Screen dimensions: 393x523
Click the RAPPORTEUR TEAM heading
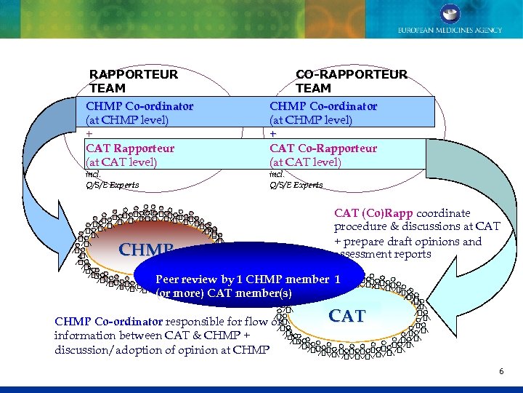pos(133,81)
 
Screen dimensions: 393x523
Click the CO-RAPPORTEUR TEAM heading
pos(352,81)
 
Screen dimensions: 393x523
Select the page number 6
pos(501,371)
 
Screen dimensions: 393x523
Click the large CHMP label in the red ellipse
pos(145,250)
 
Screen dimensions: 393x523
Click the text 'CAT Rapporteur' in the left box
pos(130,148)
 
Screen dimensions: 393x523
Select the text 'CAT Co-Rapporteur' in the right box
pos(323,148)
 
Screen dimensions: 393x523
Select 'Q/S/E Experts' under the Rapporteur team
pos(113,185)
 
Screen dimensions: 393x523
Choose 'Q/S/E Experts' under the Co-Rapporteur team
pos(296,185)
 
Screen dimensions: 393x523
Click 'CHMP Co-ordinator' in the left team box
pos(139,106)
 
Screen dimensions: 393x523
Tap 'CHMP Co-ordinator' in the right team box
pos(323,106)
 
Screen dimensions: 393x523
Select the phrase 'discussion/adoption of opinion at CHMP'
pos(162,349)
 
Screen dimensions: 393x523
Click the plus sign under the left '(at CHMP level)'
pos(89,134)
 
